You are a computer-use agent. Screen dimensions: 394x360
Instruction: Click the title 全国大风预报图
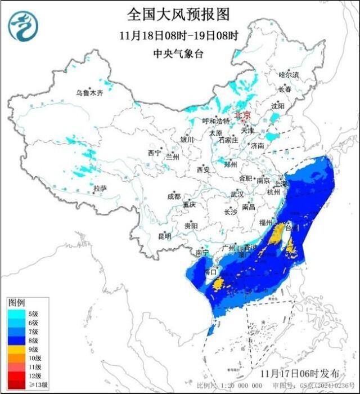click(x=179, y=14)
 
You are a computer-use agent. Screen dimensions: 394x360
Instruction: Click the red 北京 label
click(x=242, y=114)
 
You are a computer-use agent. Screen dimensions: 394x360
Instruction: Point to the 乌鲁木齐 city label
click(x=90, y=93)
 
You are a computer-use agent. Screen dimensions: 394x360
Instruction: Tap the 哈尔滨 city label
click(x=289, y=75)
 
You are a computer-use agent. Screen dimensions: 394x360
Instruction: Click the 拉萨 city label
click(x=100, y=188)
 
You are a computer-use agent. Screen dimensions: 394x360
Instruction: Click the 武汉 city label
click(x=237, y=194)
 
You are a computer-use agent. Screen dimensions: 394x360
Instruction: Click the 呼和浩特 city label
click(x=216, y=121)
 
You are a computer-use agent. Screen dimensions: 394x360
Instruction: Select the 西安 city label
click(x=203, y=169)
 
